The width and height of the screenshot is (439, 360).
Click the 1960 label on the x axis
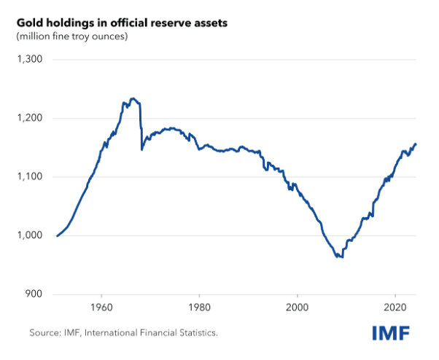[x=101, y=308]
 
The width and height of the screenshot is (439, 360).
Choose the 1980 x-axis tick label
[x=199, y=308]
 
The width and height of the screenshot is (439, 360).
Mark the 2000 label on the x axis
[x=298, y=308]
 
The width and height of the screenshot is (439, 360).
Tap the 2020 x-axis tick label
[x=395, y=308]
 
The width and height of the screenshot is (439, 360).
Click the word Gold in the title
[x=29, y=23]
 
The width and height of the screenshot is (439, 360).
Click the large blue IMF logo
[x=392, y=333]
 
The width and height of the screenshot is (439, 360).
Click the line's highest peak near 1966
[x=132, y=98]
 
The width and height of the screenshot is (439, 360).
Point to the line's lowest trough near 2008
[x=341, y=257]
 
